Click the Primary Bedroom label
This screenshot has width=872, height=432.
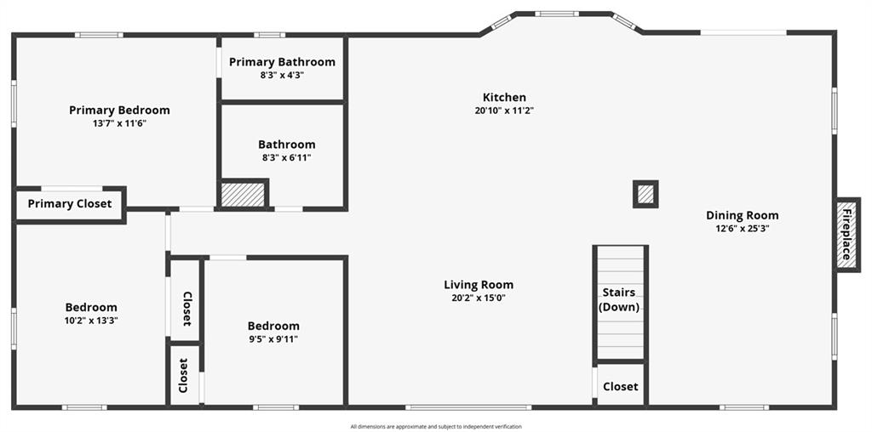click(119, 110)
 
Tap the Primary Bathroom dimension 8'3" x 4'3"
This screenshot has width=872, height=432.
click(282, 75)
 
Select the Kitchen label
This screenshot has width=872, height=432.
click(504, 97)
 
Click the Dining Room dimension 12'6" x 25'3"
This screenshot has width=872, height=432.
click(743, 228)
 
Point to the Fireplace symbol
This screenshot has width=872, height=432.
click(847, 235)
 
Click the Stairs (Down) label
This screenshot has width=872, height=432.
click(619, 300)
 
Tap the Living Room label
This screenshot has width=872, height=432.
click(479, 285)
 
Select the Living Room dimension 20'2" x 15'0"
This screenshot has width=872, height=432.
click(479, 298)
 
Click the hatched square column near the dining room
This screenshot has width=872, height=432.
click(645, 195)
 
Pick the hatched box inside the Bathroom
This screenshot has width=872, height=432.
click(243, 195)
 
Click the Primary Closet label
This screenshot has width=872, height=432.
click(70, 204)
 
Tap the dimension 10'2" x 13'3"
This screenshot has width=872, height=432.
click(91, 321)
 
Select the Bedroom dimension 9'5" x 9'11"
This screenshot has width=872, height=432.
click(273, 339)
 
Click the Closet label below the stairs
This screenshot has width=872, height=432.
click(621, 386)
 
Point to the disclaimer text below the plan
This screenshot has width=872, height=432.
click(436, 426)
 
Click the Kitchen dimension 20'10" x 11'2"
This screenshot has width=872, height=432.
click(504, 111)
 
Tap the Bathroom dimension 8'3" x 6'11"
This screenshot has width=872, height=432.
click(286, 157)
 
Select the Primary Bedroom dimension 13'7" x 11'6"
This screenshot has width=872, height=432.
click(119, 123)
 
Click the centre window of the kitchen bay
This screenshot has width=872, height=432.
click(557, 14)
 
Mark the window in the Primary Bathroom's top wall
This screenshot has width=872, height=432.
click(270, 35)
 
